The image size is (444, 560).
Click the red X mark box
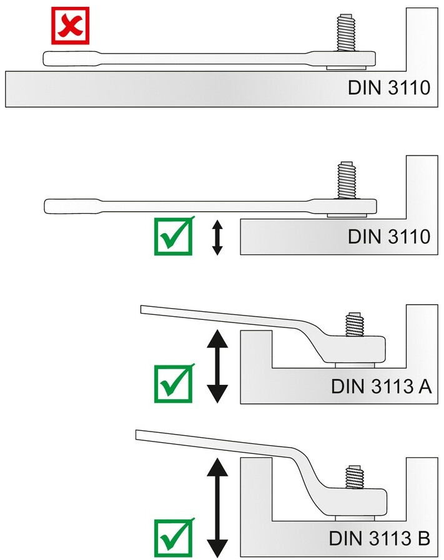point(70,26)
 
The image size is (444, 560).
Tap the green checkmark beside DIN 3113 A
point(174,384)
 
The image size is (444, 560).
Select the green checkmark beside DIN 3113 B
point(174,537)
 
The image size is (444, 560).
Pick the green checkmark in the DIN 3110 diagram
point(174,236)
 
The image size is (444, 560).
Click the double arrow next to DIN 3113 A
point(217,367)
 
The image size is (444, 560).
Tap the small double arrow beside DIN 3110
point(217,238)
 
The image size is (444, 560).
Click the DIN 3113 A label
point(381,386)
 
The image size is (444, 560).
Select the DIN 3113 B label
point(379,538)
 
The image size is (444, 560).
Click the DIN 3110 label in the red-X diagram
point(389,87)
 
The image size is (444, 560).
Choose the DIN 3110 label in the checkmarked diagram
point(389,236)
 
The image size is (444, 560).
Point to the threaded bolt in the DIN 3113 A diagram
point(355,324)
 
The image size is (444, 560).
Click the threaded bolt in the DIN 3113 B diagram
point(355,477)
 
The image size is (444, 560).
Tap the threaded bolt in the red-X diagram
point(346,32)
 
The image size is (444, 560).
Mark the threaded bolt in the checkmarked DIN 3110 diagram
point(347,180)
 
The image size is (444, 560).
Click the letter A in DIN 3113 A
point(425,386)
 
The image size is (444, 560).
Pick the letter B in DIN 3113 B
point(423,538)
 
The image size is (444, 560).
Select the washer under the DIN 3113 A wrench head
point(355,365)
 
